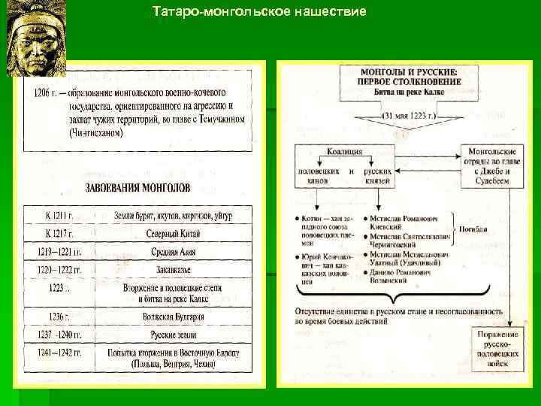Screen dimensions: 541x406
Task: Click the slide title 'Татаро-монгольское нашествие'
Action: coord(259,12)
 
